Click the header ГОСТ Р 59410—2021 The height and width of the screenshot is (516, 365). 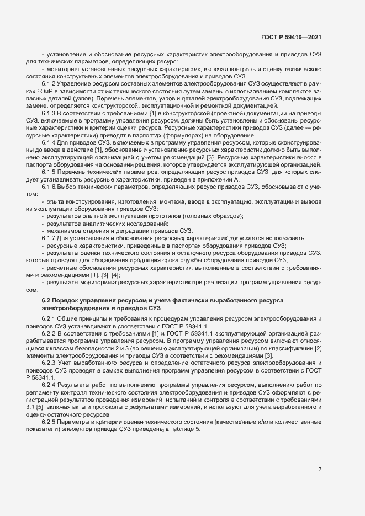coord(291,38)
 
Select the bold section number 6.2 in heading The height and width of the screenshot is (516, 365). coord(46,299)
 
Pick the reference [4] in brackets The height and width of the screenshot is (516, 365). coord(115,274)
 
